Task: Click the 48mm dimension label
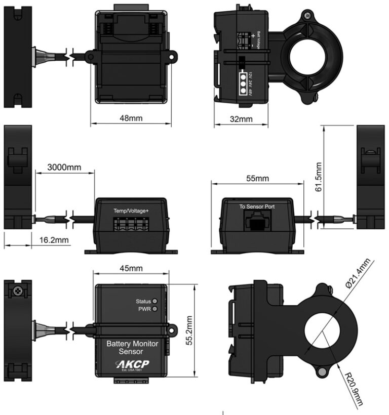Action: coord(131,118)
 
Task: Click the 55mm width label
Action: coord(258,179)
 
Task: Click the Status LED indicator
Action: coord(155,301)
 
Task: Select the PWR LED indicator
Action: coord(155,309)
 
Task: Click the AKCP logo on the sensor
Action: coord(132,364)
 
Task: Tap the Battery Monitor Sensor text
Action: coord(132,347)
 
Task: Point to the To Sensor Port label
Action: coord(256,206)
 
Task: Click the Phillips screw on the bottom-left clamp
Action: coord(18,292)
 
